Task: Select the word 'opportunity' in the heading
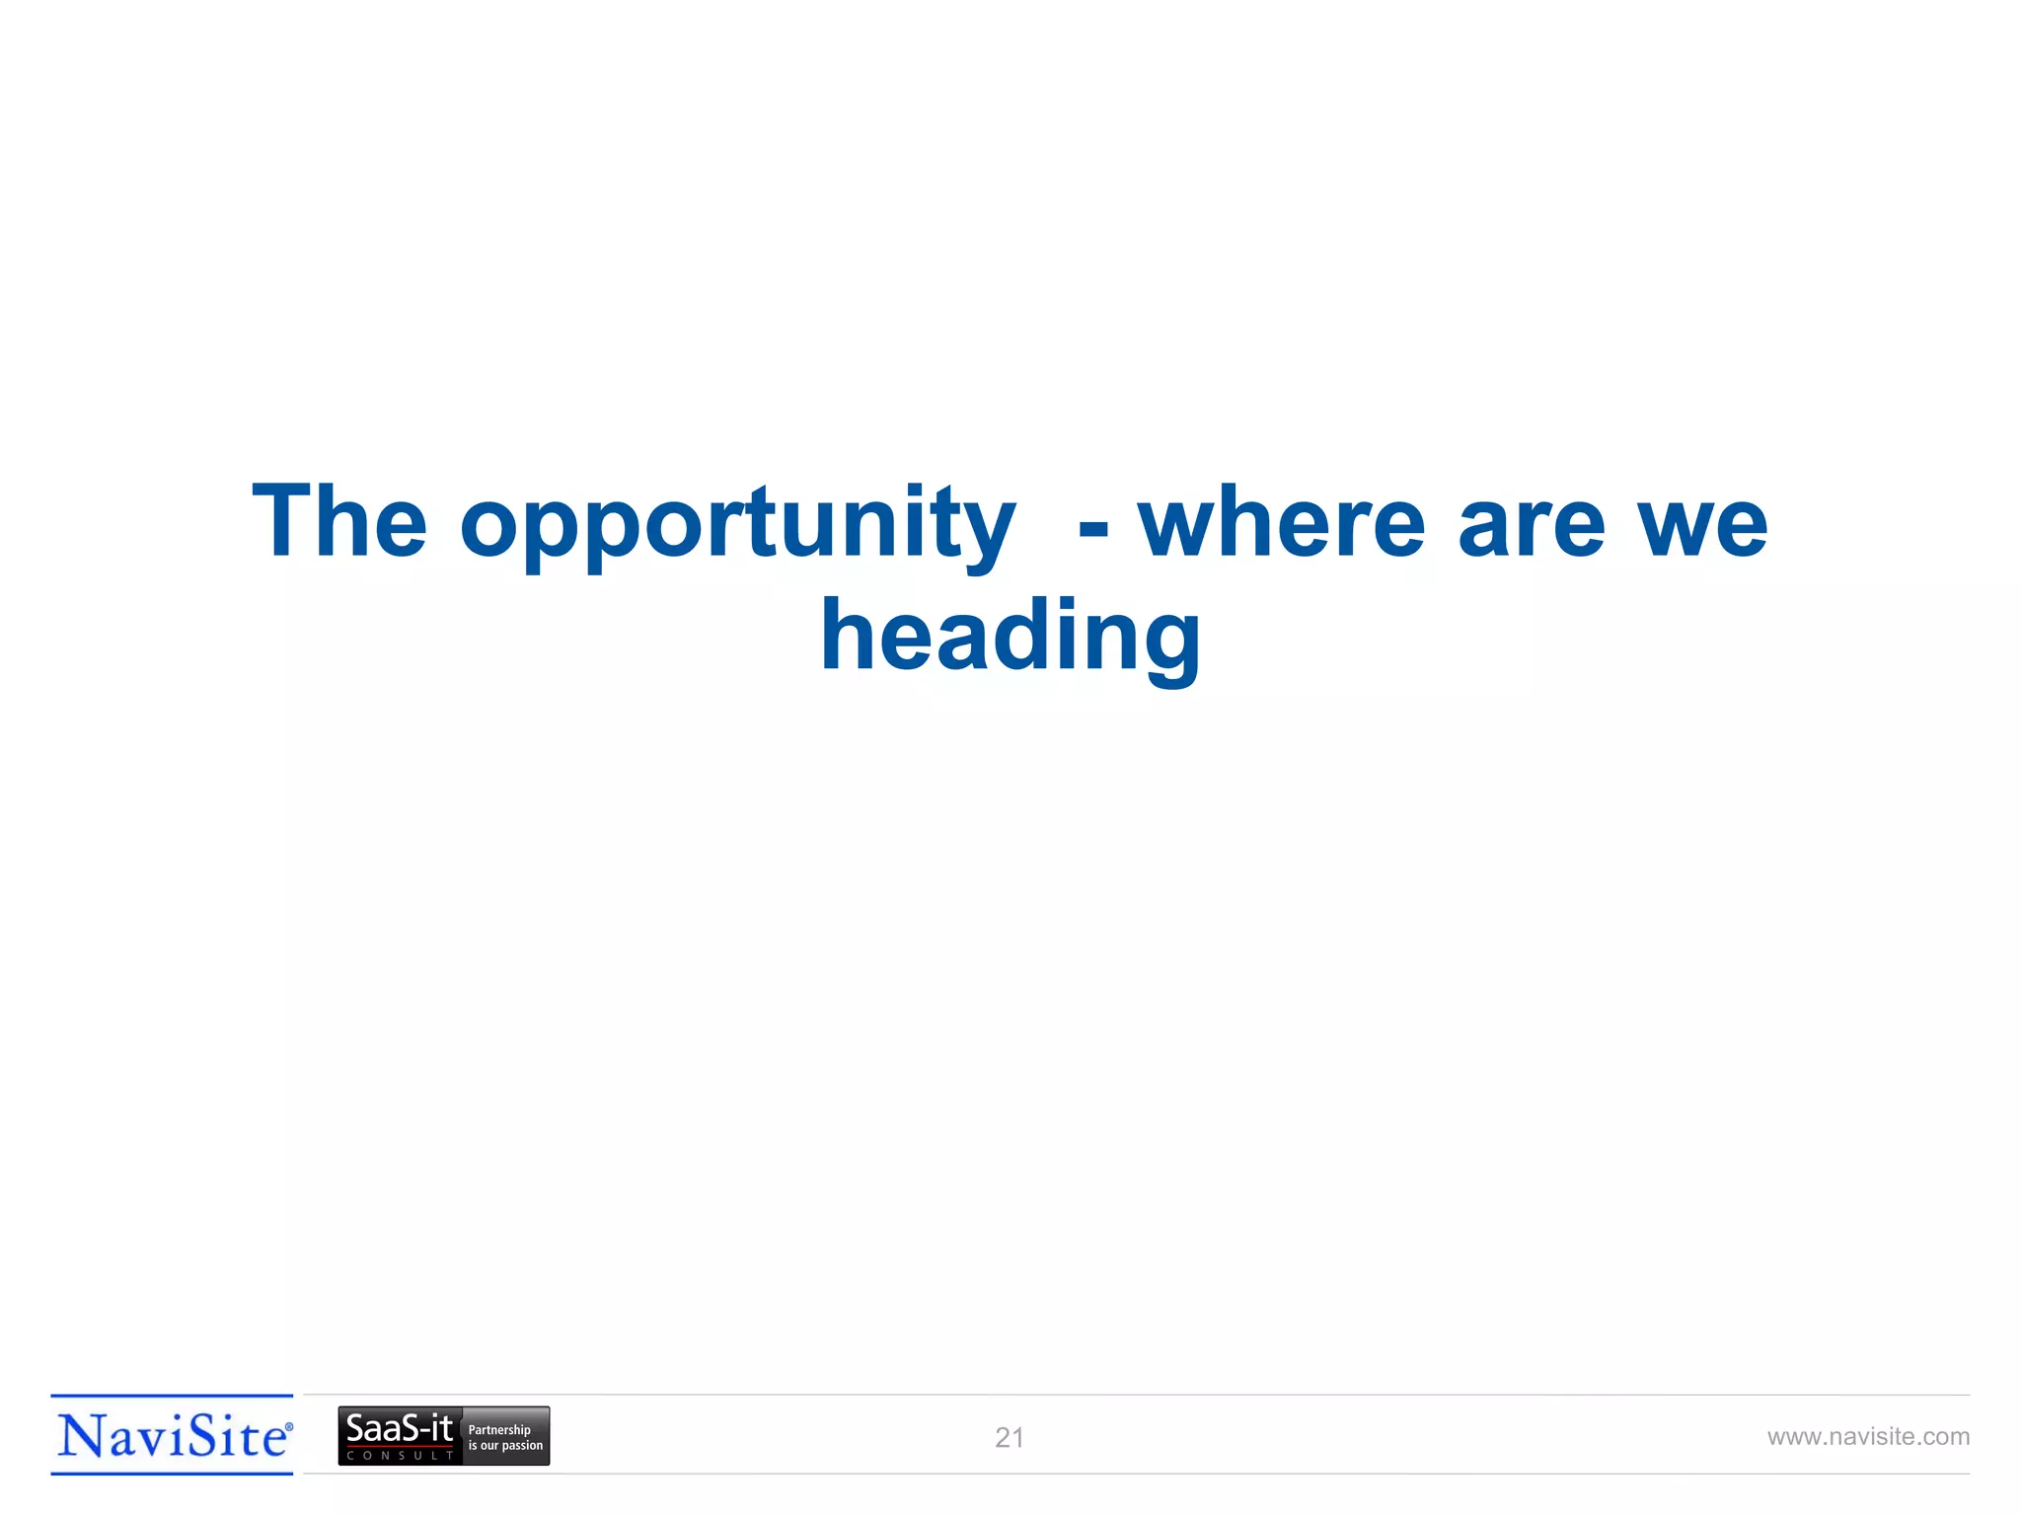[737, 525]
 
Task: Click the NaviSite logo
[173, 1435]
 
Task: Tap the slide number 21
[1009, 1438]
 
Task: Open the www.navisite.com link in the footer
[1868, 1437]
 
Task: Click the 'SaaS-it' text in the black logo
[399, 1428]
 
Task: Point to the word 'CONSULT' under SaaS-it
[400, 1456]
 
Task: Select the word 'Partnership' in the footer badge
[499, 1429]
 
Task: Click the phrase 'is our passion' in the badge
[505, 1446]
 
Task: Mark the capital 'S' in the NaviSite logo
[203, 1436]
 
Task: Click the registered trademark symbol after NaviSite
[289, 1427]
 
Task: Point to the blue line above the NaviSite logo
[173, 1397]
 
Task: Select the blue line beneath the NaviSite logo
[173, 1474]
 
